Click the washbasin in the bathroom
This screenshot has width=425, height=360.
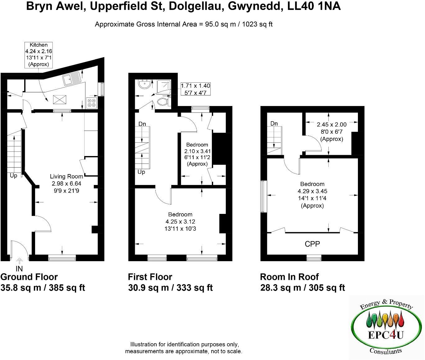144,85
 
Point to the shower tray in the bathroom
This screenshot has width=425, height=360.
163,85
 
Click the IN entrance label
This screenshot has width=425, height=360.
19,269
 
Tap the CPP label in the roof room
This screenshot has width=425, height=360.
312,244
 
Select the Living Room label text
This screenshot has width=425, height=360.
66,176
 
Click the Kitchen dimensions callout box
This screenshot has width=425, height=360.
38,55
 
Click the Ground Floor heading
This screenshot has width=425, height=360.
29,277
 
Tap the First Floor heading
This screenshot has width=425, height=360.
150,277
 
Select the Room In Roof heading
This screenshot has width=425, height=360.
289,277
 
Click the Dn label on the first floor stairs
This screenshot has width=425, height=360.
142,124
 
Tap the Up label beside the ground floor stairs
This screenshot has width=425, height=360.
13,176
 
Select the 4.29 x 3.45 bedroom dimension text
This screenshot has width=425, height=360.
312,191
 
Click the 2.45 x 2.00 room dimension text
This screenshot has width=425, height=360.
331,125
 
